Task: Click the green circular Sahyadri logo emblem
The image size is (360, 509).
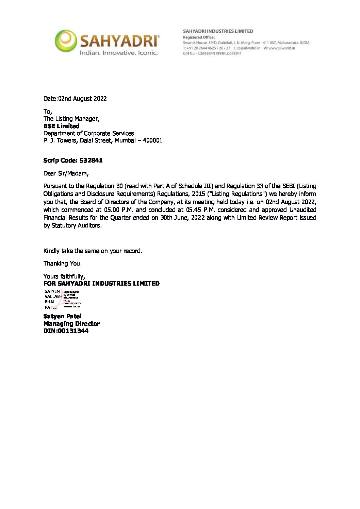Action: (x=66, y=41)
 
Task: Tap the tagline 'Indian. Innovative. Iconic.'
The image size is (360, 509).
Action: (x=118, y=53)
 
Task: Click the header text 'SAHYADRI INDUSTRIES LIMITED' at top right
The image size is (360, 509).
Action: (x=218, y=31)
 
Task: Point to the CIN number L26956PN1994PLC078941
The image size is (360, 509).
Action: (x=219, y=53)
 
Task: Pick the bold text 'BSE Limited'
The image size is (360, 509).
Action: (x=61, y=126)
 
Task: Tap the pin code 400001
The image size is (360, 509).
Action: (x=152, y=140)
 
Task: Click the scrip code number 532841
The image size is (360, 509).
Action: (x=91, y=160)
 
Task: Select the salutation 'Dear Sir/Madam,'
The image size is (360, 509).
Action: (x=66, y=173)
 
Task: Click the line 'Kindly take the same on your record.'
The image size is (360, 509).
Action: (x=93, y=251)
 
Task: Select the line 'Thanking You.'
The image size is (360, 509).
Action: (x=63, y=264)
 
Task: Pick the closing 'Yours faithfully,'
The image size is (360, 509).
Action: (x=64, y=276)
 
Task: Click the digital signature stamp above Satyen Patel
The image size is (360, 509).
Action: (x=62, y=299)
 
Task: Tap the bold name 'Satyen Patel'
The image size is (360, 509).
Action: (x=63, y=316)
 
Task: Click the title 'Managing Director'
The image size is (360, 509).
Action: (x=71, y=324)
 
